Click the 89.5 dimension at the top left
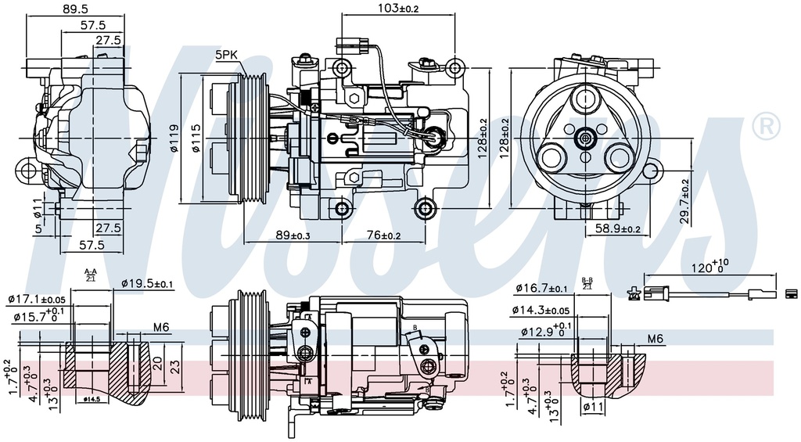click(x=77, y=9)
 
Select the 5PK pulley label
click(x=227, y=54)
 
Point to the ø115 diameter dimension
click(x=196, y=139)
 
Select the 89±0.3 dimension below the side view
click(x=293, y=235)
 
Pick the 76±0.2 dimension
click(x=383, y=235)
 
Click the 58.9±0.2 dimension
click(x=618, y=228)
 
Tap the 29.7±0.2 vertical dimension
click(x=686, y=202)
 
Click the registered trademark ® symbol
click(x=765, y=125)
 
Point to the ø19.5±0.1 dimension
click(x=148, y=284)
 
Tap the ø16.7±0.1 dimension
click(x=541, y=289)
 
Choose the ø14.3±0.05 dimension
click(x=552, y=311)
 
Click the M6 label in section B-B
click(x=656, y=340)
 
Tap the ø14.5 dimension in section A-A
click(x=94, y=398)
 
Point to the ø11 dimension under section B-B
click(x=592, y=407)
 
